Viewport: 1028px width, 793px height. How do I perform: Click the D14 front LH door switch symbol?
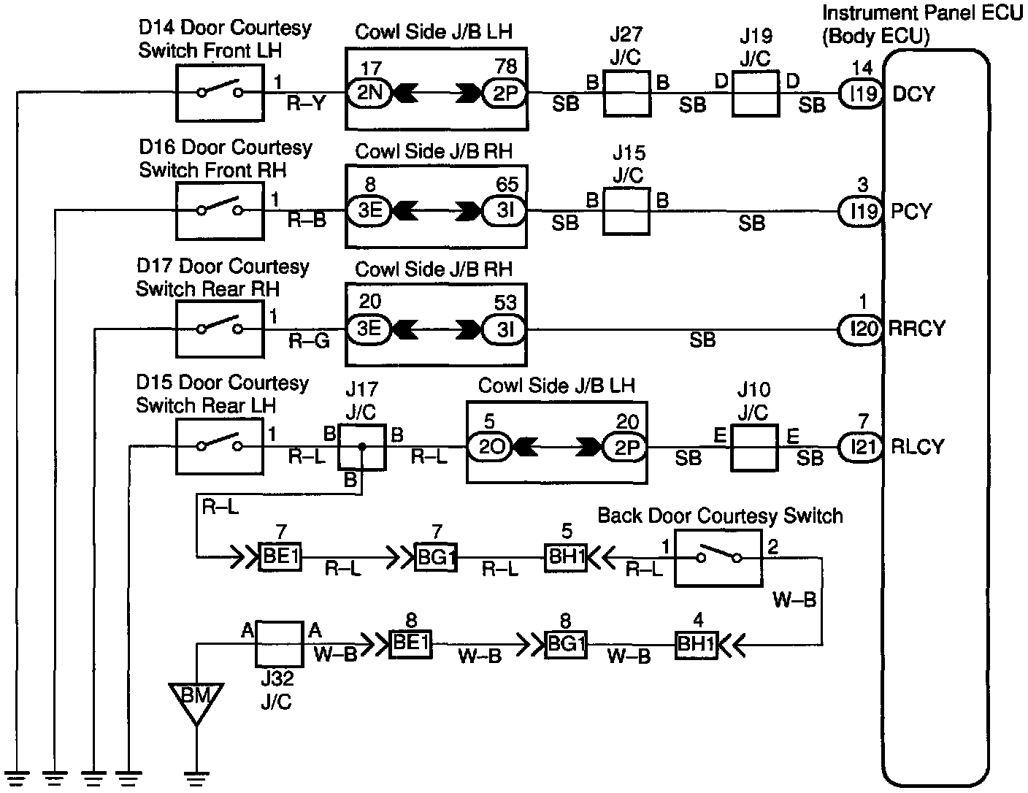click(220, 92)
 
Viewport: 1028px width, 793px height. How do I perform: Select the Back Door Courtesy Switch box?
click(718, 558)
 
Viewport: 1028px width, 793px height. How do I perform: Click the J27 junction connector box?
click(626, 93)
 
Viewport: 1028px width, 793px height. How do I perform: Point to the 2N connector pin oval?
click(370, 93)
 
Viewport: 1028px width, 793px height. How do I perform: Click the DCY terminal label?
click(913, 94)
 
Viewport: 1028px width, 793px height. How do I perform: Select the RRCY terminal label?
click(917, 329)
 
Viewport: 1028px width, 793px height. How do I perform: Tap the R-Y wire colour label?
click(306, 105)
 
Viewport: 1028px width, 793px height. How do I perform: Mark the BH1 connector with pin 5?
click(565, 558)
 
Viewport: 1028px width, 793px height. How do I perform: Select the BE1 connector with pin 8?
click(410, 644)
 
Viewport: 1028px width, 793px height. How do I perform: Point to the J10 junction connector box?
click(753, 447)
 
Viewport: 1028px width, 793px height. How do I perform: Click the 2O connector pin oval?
click(490, 447)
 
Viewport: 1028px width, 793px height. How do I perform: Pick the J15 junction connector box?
click(626, 212)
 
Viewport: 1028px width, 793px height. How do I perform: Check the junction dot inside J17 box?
click(361, 445)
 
